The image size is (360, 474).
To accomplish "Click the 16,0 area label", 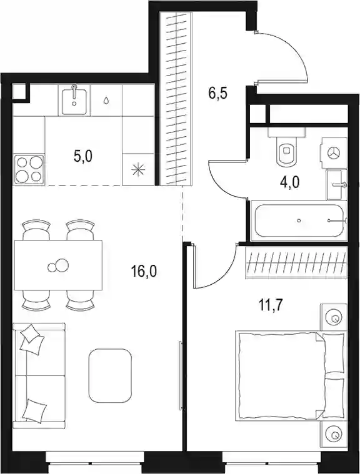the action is [x=144, y=272].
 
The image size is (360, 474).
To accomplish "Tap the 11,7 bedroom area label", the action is [x=270, y=305].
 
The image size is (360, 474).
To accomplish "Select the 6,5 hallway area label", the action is [x=217, y=94].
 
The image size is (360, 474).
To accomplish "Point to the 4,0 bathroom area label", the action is [x=289, y=183].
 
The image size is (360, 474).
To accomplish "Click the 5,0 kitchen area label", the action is [x=82, y=156].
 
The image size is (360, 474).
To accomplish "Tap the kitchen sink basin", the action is [x=74, y=100].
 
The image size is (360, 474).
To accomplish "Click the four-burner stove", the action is [x=29, y=169].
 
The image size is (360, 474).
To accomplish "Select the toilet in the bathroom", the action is [x=286, y=146].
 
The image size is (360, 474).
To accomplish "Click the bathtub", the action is [x=299, y=220].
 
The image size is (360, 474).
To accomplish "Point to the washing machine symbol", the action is [x=334, y=152].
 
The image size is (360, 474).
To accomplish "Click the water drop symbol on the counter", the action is [x=106, y=101].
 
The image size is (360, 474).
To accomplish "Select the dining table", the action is [x=58, y=265].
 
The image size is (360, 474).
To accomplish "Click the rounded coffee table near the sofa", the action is [x=110, y=375].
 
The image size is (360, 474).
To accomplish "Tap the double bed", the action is [x=290, y=376].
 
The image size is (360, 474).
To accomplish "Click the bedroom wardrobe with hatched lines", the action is [x=296, y=262].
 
